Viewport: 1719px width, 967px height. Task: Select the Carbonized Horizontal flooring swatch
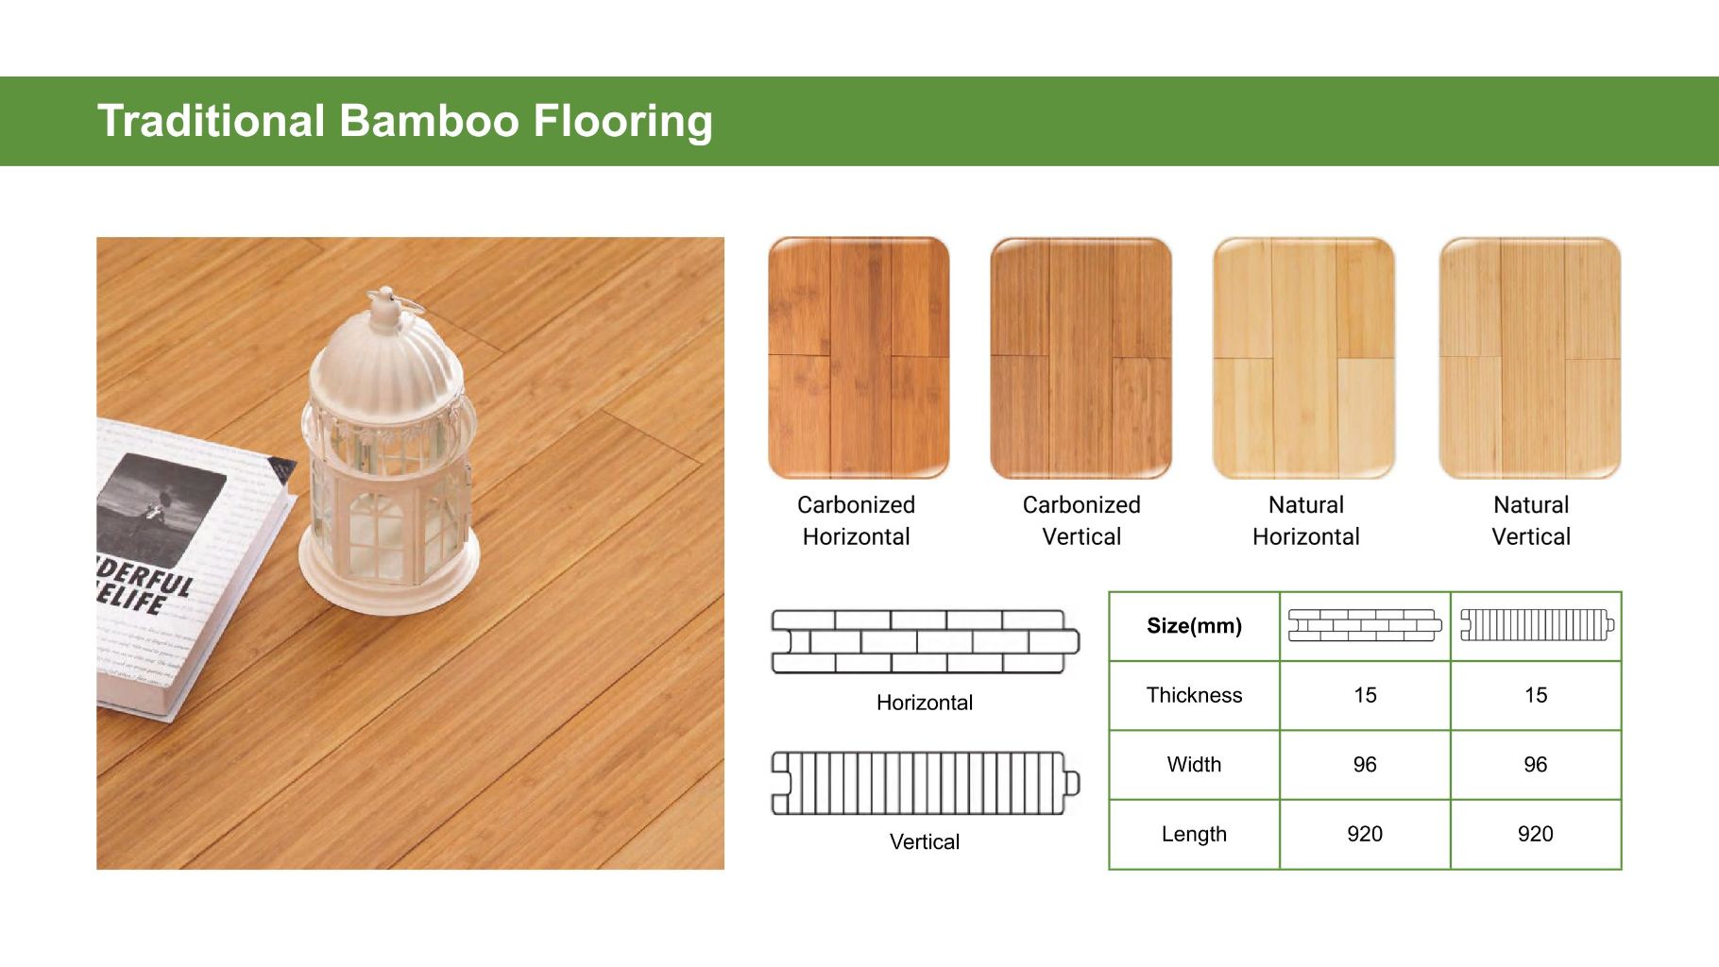coord(858,358)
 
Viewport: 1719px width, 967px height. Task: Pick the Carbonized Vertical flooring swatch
coord(1081,358)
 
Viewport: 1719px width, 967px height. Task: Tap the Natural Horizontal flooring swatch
coord(1303,358)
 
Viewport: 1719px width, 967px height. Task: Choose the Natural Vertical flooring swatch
coord(1529,358)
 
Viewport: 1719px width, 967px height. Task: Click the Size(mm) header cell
coord(1194,626)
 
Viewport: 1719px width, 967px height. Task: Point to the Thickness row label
coord(1194,695)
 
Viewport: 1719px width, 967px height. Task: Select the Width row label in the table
coord(1194,764)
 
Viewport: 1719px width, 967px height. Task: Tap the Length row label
coord(1194,834)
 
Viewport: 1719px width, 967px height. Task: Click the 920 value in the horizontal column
coord(1365,834)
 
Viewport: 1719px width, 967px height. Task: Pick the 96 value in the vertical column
coord(1535,764)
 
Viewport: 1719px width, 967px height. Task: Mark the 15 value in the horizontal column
coord(1365,695)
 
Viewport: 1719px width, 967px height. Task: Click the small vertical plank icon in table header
coord(1537,624)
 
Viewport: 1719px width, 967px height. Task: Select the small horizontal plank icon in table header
coord(1365,625)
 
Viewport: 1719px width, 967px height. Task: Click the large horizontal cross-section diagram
coord(925,641)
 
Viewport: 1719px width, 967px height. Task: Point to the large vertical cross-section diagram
coord(925,783)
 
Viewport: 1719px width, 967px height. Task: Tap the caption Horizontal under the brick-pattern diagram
coord(925,703)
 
